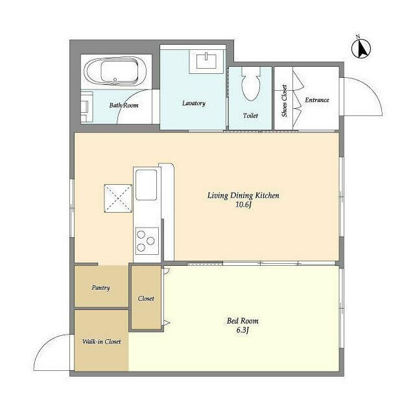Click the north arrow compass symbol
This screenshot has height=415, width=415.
(361, 47)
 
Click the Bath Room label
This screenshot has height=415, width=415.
(123, 105)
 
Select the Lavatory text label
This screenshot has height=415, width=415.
(193, 103)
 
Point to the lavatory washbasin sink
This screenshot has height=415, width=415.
(206, 60)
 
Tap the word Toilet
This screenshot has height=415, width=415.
(250, 115)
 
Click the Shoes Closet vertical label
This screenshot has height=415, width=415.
(284, 101)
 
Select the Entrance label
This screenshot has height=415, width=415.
(317, 100)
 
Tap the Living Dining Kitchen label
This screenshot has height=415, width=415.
(243, 195)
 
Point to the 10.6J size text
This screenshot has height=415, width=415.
(243, 205)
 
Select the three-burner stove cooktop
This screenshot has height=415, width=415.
(145, 241)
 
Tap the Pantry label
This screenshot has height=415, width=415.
(101, 287)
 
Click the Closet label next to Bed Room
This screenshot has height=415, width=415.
(146, 298)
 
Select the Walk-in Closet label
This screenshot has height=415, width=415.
(101, 340)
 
